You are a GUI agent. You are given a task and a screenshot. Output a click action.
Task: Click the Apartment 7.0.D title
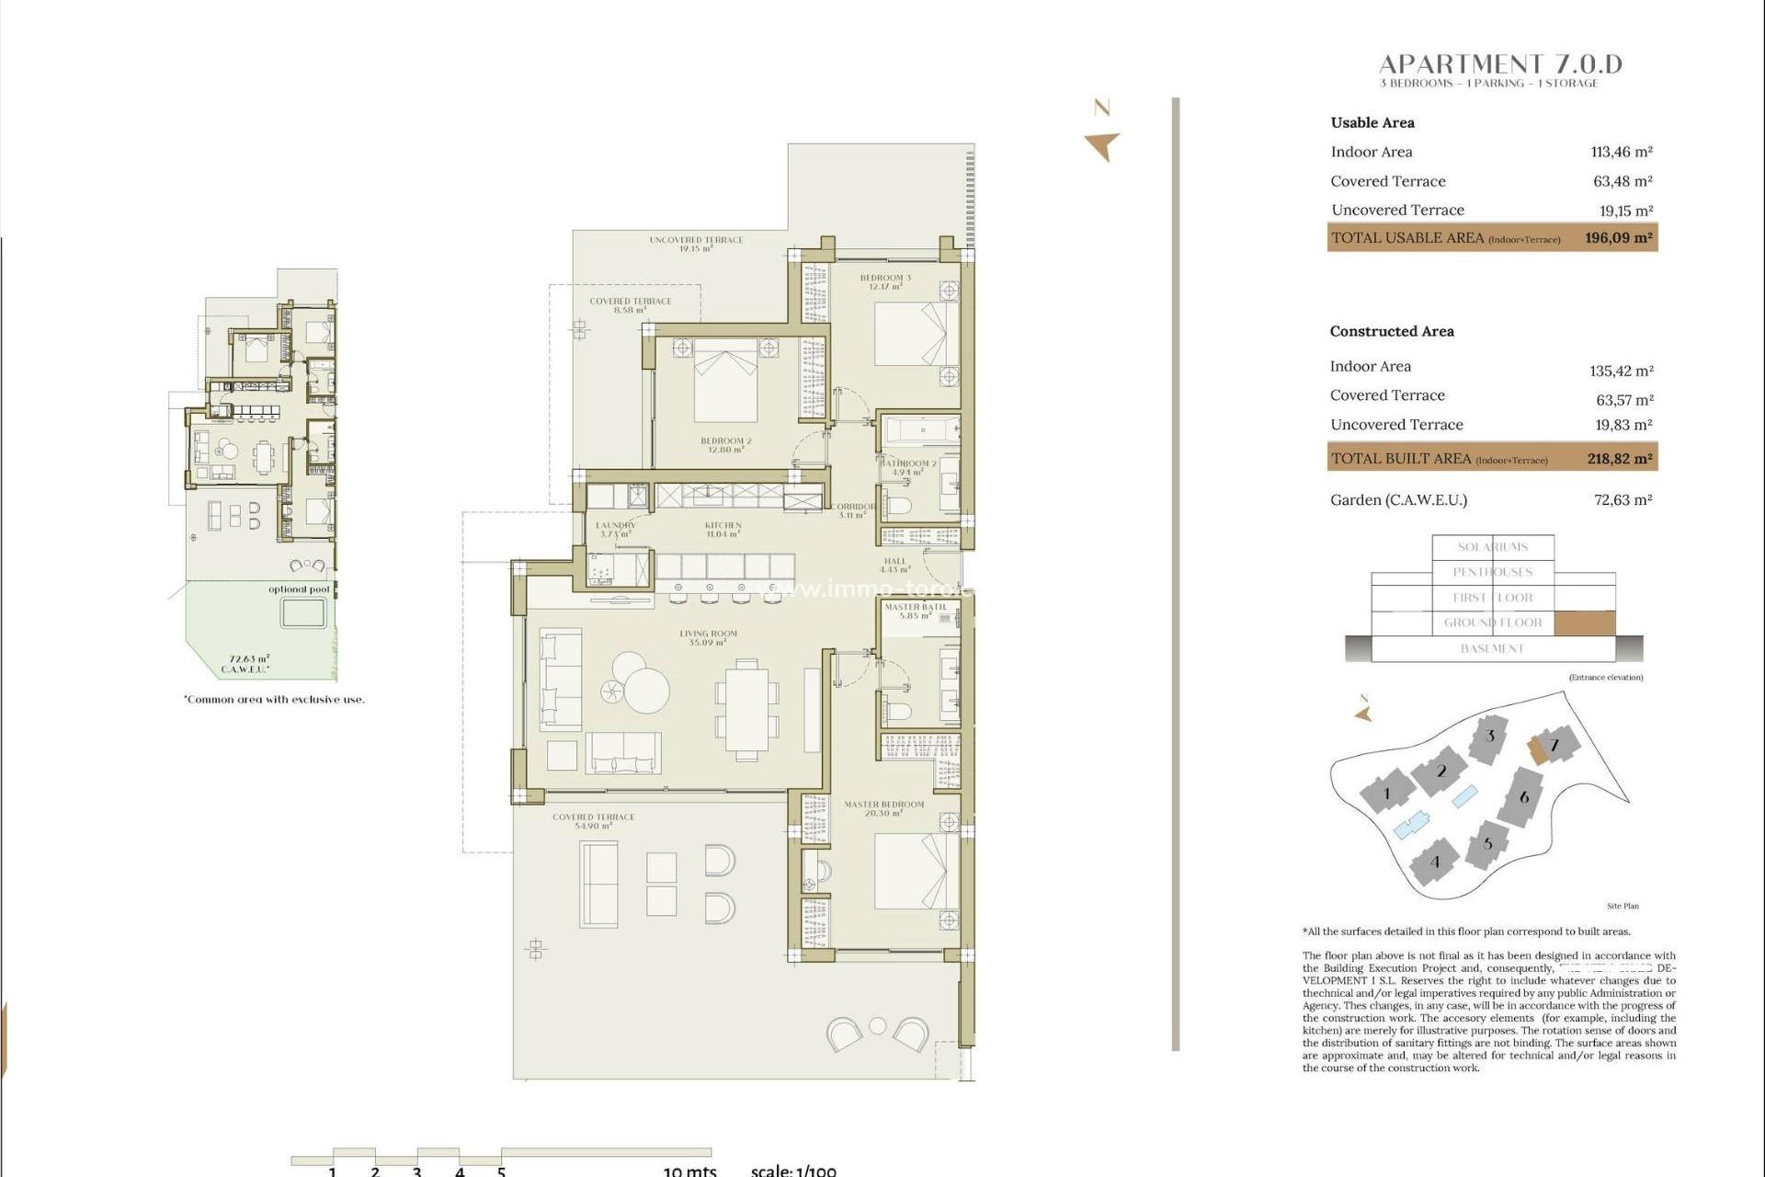pos(1500,63)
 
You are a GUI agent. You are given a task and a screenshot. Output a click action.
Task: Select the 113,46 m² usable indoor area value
pos(1621,152)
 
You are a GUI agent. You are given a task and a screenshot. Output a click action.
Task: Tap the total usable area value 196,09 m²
pos(1618,237)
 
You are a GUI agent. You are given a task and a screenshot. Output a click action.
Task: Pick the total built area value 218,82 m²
pos(1619,458)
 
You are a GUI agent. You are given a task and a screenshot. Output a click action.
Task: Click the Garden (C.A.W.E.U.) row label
pos(1398,500)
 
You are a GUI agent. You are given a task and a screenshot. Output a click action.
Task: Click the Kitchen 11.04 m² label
pos(723,529)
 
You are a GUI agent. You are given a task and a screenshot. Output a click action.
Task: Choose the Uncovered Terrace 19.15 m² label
pos(696,244)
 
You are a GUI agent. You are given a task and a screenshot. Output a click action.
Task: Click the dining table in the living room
pos(746,709)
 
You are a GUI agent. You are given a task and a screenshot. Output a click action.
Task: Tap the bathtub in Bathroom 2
pos(919,430)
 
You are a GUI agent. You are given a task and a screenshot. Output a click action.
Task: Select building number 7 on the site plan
pos(1554,745)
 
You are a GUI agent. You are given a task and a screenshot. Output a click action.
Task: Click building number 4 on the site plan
pos(1434,862)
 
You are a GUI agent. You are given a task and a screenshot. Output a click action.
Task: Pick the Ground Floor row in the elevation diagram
pos(1492,623)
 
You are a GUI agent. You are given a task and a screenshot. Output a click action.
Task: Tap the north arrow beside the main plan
pos(1101,145)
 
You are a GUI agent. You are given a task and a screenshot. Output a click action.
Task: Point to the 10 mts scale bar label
pos(689,1171)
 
